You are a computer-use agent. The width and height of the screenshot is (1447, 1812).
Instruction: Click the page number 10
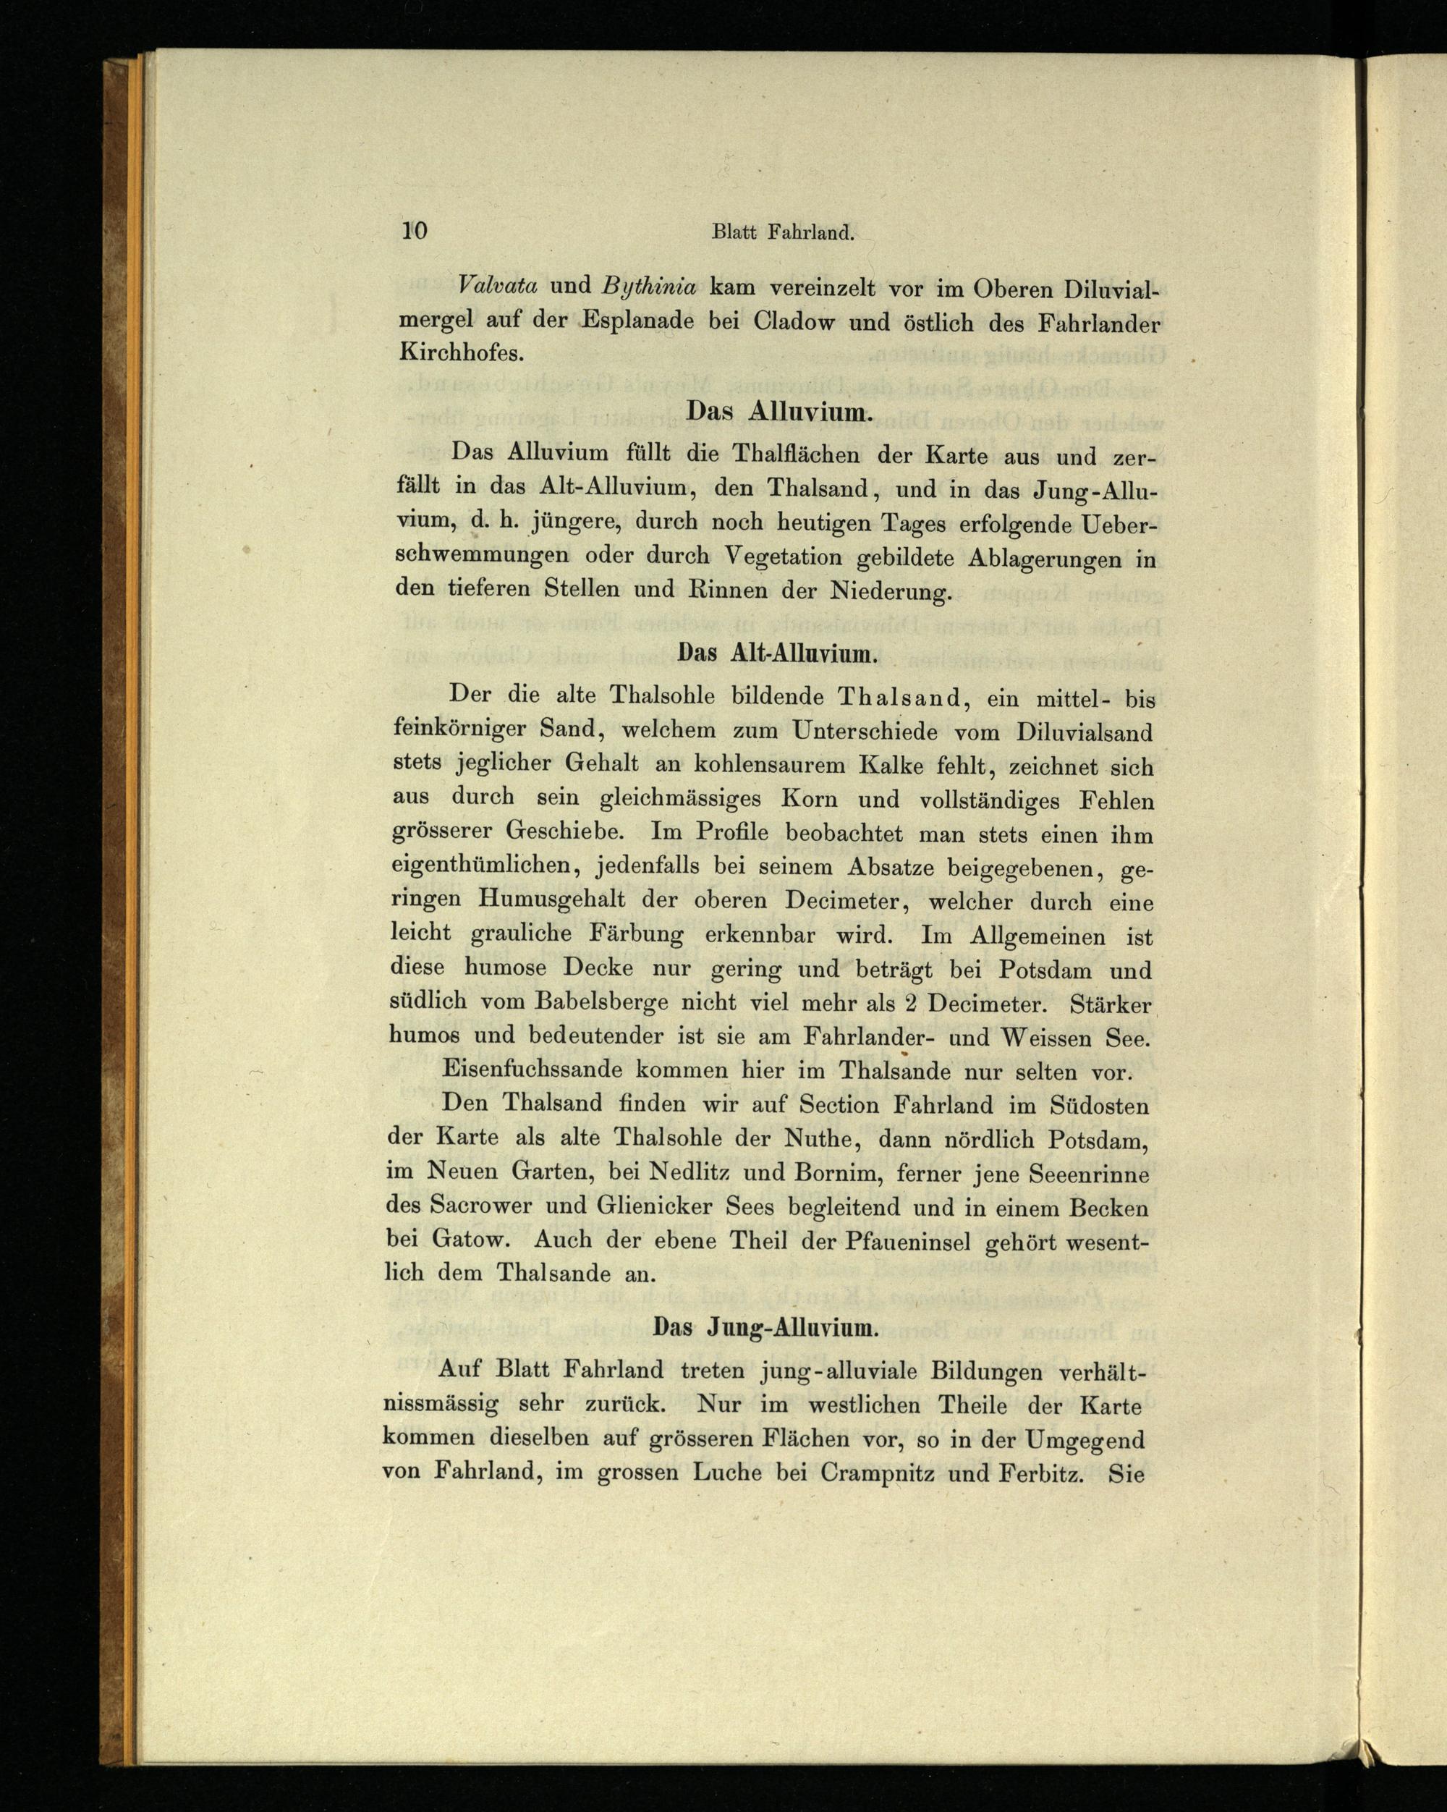point(415,230)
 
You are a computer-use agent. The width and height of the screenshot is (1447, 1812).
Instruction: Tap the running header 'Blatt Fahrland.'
point(783,232)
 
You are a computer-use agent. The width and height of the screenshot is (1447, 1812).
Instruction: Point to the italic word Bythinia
point(650,287)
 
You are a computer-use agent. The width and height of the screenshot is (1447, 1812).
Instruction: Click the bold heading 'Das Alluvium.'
point(776,412)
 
